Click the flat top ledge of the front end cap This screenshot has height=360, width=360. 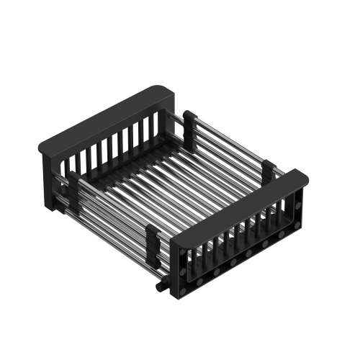pos(238,210)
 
